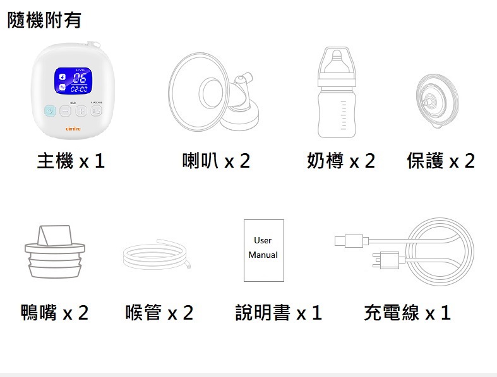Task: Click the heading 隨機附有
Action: (44, 20)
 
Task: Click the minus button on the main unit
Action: (66, 112)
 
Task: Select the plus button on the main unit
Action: (81, 112)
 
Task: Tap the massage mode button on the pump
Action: (96, 112)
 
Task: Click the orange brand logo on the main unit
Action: (74, 128)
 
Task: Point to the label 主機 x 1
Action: (71, 161)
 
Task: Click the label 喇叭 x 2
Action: (216, 161)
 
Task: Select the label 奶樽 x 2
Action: (341, 161)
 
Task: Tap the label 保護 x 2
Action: (441, 161)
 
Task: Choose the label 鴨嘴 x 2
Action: (55, 312)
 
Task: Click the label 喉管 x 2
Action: (159, 312)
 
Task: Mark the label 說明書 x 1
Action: (278, 312)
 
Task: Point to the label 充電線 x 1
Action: (407, 312)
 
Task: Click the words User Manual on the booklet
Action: (263, 248)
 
